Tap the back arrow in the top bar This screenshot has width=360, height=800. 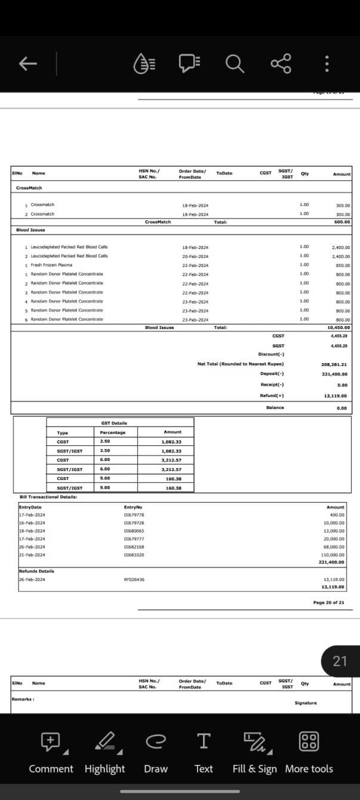[28, 63]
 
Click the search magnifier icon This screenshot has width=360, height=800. [234, 63]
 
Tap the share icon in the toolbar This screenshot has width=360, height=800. [281, 63]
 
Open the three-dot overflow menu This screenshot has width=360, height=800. [327, 64]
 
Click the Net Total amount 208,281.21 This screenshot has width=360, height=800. [334, 364]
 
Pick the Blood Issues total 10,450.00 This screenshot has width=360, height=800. [339, 328]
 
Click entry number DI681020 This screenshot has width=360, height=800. [134, 555]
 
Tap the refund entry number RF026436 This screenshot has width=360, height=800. [134, 579]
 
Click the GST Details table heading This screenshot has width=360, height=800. [114, 423]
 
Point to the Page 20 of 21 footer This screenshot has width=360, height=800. [328, 602]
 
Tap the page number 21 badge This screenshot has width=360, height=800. [340, 661]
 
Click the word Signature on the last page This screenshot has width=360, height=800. [306, 703]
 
